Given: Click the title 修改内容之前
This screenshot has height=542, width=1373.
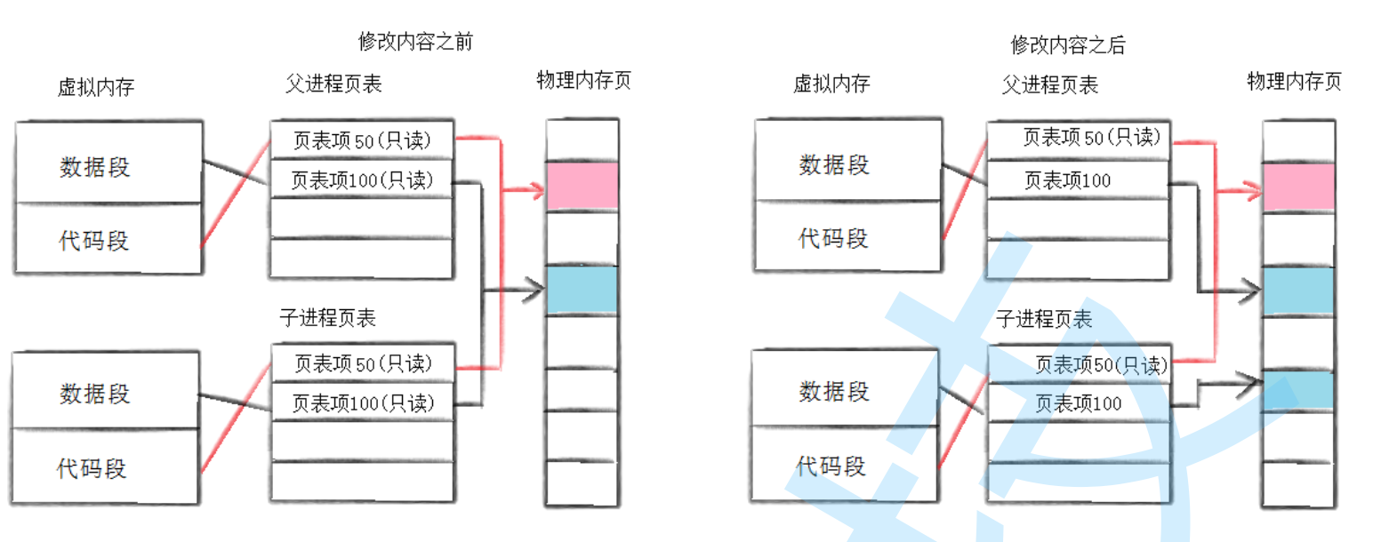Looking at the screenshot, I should (x=414, y=42).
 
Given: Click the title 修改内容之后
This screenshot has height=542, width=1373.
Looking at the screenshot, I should (x=1068, y=44).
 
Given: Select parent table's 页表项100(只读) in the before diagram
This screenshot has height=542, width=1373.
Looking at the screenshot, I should (x=362, y=181).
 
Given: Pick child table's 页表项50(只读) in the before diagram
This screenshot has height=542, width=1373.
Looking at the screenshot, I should (x=363, y=363).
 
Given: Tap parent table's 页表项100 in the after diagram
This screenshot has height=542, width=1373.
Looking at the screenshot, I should (x=1067, y=181).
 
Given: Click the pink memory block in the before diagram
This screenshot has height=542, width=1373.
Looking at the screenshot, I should (x=582, y=186).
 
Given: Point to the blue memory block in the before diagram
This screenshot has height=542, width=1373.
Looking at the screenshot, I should (x=582, y=290).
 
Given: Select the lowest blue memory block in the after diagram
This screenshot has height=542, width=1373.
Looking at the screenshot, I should (x=1298, y=390).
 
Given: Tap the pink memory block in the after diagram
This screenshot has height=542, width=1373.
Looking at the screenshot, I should (x=1298, y=187).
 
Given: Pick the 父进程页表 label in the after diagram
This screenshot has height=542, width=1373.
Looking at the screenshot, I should (x=1049, y=84).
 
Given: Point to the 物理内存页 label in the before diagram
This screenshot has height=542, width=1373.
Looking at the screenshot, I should (x=583, y=81).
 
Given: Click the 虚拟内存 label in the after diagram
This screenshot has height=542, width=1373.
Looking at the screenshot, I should (x=831, y=84).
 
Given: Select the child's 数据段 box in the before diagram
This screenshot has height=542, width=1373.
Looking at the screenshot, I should (x=108, y=390).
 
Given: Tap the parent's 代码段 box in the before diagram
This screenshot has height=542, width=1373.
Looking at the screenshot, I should (x=108, y=239).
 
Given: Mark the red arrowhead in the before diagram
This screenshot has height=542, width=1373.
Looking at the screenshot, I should (x=536, y=188).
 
